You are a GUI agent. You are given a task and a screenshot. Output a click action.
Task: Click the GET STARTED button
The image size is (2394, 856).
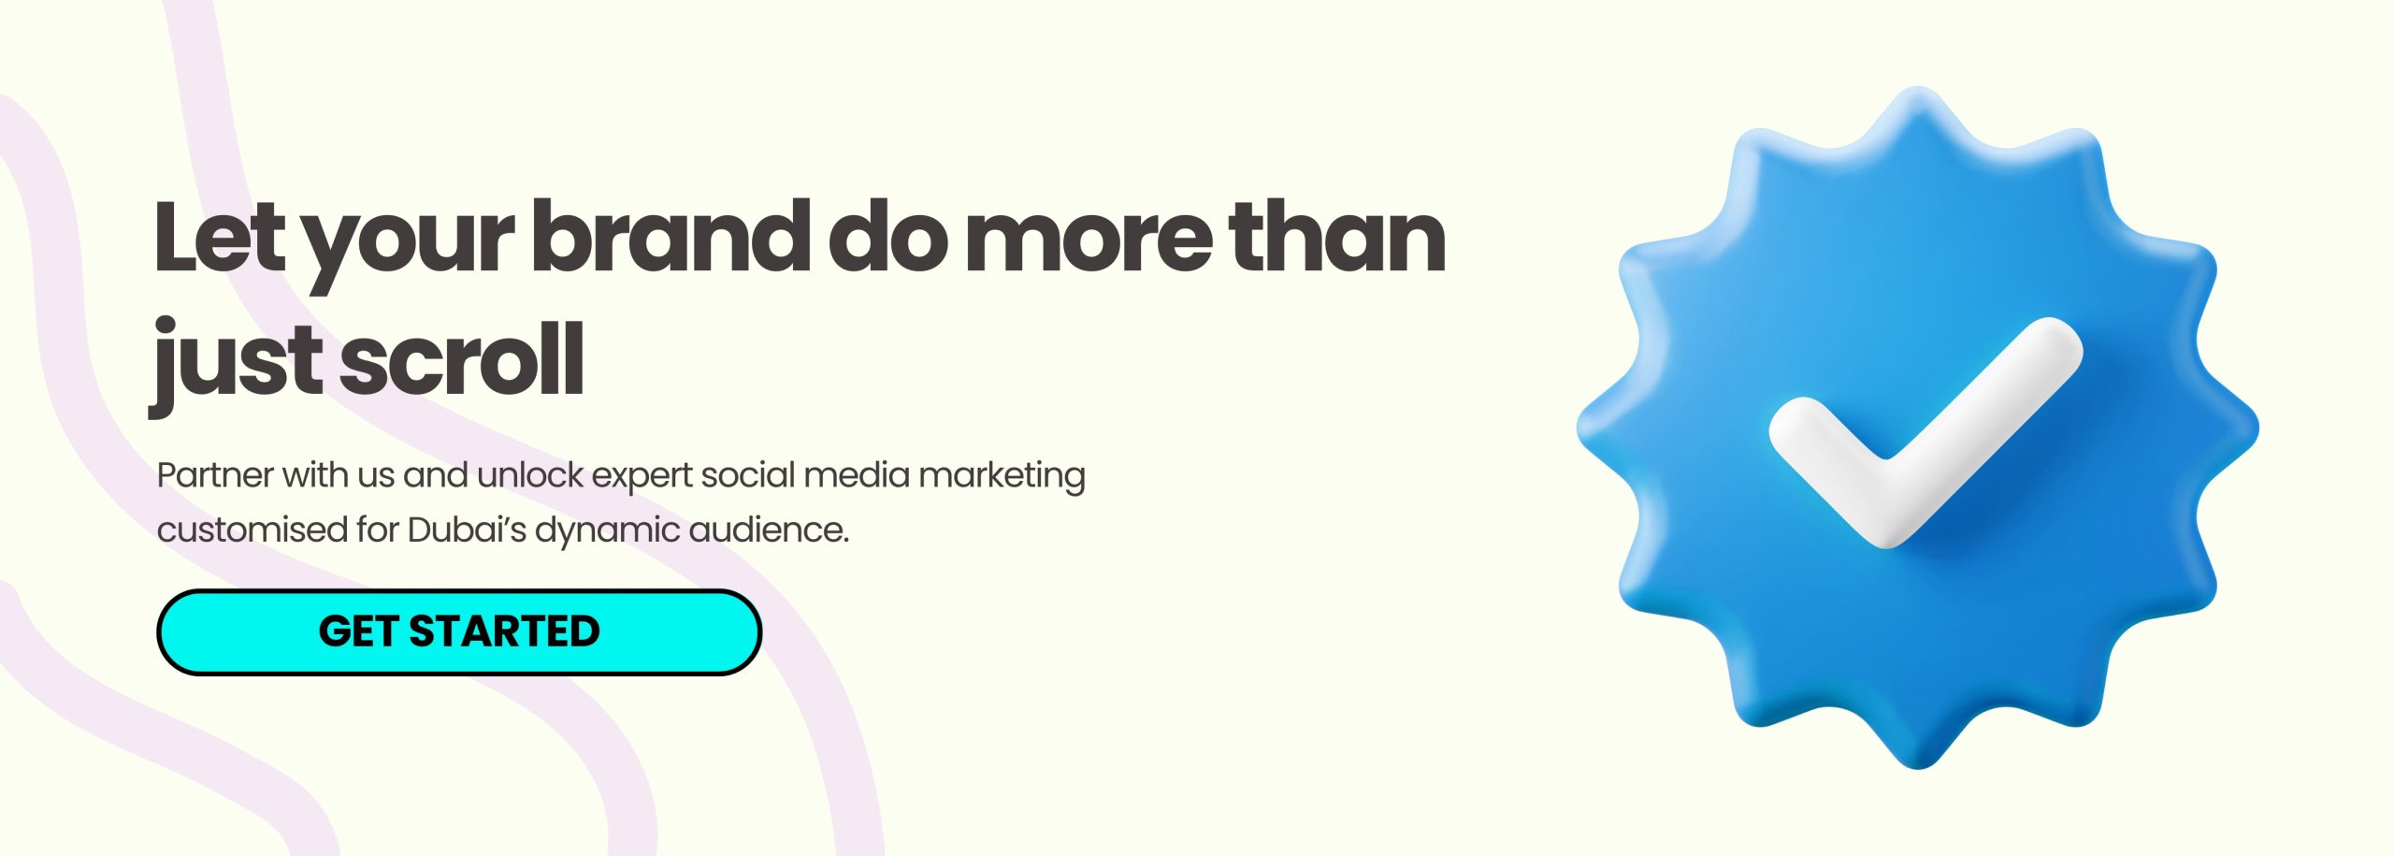point(459,631)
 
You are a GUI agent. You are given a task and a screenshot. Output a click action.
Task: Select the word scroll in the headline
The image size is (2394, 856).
point(462,358)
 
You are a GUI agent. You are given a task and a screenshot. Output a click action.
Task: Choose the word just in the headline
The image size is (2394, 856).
point(240,365)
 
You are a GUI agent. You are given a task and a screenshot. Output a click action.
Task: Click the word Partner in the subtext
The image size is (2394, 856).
point(215,475)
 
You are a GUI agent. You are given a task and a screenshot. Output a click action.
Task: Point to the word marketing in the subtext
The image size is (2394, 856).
point(1002,476)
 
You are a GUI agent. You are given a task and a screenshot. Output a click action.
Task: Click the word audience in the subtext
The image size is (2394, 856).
point(769,530)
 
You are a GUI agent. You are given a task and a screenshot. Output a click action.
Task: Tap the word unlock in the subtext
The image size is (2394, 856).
point(530,475)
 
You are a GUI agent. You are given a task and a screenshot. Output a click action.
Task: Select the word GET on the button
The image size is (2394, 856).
point(358,631)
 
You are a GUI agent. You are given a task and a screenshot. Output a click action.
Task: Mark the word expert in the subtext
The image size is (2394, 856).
point(642,478)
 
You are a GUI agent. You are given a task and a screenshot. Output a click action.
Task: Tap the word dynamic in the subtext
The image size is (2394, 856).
point(608,532)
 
